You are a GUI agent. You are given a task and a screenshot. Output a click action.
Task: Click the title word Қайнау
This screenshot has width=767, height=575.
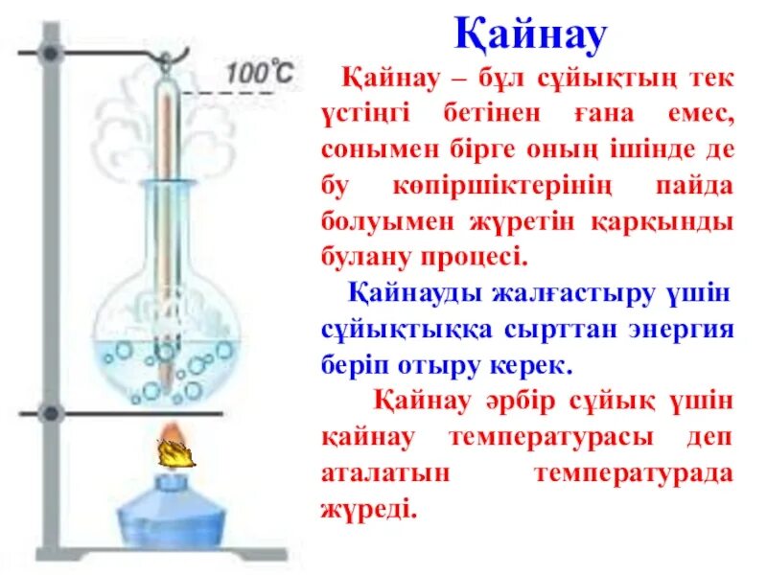coord(530,36)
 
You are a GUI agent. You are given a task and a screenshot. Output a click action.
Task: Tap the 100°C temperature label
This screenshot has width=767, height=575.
coord(259,71)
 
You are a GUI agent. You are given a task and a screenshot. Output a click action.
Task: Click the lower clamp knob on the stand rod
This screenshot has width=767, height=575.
coord(51,414)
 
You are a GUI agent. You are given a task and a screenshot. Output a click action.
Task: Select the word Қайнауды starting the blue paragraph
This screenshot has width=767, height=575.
coord(415,292)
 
